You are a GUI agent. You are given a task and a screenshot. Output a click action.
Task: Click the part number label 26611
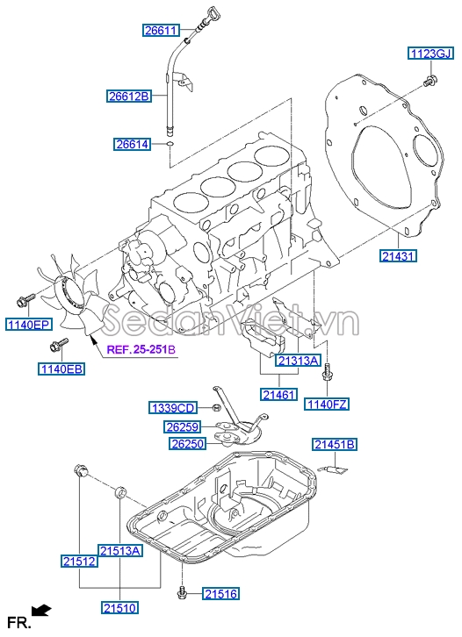point(161,31)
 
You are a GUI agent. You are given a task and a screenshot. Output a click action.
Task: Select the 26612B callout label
point(129,97)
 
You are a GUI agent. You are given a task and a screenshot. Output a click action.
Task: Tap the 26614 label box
point(132,144)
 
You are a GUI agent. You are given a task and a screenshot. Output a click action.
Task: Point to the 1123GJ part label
point(430,54)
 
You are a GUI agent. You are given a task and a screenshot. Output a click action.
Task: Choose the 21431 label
point(399,256)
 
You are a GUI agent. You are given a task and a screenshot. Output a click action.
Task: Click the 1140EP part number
point(29,324)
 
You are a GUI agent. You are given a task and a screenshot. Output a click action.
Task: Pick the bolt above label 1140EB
point(58,345)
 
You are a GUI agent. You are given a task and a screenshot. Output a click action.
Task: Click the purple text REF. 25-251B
point(141,350)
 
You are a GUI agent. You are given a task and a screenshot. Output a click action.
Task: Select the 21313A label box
point(298,361)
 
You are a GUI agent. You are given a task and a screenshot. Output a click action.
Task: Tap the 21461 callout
point(279,395)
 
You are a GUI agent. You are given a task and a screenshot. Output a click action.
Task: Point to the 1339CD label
point(173,408)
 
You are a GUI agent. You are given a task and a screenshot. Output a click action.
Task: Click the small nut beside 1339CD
point(216,407)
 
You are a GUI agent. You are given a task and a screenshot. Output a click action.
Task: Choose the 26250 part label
point(187,444)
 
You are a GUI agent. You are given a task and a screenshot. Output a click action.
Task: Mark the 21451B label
point(335,445)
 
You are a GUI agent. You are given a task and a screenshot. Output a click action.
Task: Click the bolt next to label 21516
point(182,594)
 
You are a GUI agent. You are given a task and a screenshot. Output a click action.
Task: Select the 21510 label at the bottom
point(120,608)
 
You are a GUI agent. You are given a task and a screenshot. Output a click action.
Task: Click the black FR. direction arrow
point(41,610)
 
